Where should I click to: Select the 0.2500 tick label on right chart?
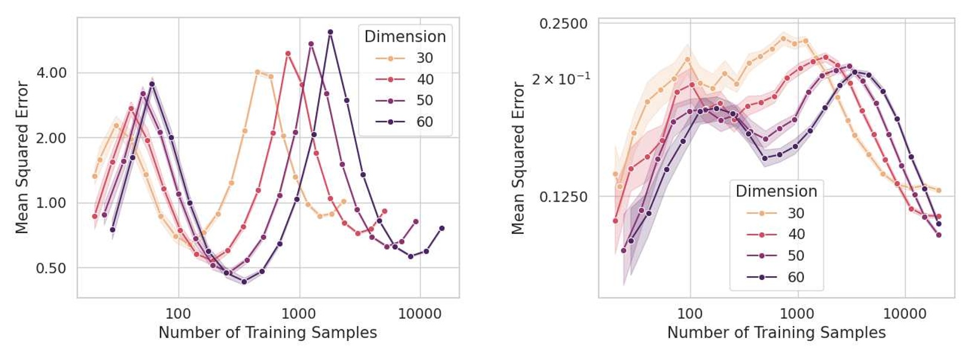coord(563,24)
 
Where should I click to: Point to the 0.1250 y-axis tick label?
coord(563,197)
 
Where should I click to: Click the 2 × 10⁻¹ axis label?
coord(561,78)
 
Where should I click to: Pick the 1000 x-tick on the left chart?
coord(298,313)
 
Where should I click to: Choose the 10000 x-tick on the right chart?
coord(904,313)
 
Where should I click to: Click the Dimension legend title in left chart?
coord(405,36)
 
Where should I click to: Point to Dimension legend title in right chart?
coord(776,191)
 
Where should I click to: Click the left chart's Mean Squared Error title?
coord(22,157)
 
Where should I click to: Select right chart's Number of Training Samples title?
coord(776,333)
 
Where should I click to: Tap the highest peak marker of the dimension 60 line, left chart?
coord(330,32)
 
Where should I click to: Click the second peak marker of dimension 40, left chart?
coord(288,53)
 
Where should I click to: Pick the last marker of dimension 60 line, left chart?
coord(442,228)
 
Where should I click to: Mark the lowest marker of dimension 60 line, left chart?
coord(244,282)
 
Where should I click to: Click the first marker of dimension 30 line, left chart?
coord(94,176)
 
